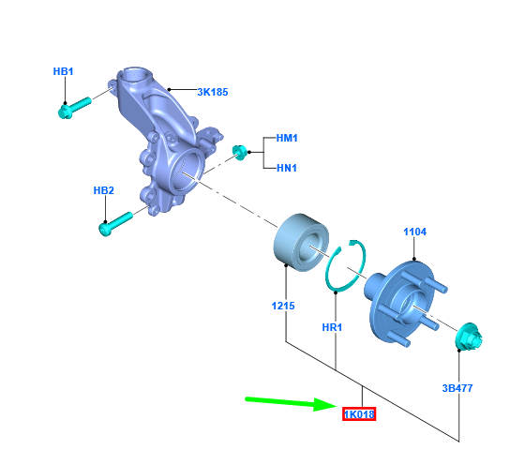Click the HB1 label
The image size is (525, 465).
(63, 71)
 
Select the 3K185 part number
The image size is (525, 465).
(213, 92)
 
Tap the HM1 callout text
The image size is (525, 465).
(287, 138)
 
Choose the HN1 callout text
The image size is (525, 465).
(287, 168)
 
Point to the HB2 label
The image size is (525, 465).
(104, 190)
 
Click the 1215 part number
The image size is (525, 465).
(283, 306)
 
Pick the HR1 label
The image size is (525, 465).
(332, 327)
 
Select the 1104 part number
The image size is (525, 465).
(414, 232)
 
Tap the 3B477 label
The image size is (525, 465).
(457, 388)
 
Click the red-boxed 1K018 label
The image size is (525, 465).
(359, 414)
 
